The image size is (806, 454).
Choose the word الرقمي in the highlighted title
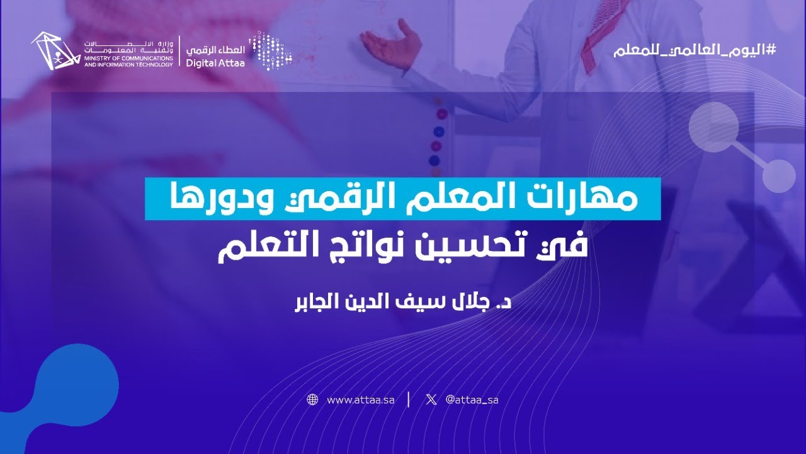pos(338,199)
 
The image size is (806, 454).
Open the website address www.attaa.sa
pos(360,400)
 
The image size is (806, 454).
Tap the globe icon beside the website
pos(312,400)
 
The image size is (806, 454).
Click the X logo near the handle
pos(431,400)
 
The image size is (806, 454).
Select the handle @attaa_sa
pos(472,400)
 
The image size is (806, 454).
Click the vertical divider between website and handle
pos(409,400)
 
